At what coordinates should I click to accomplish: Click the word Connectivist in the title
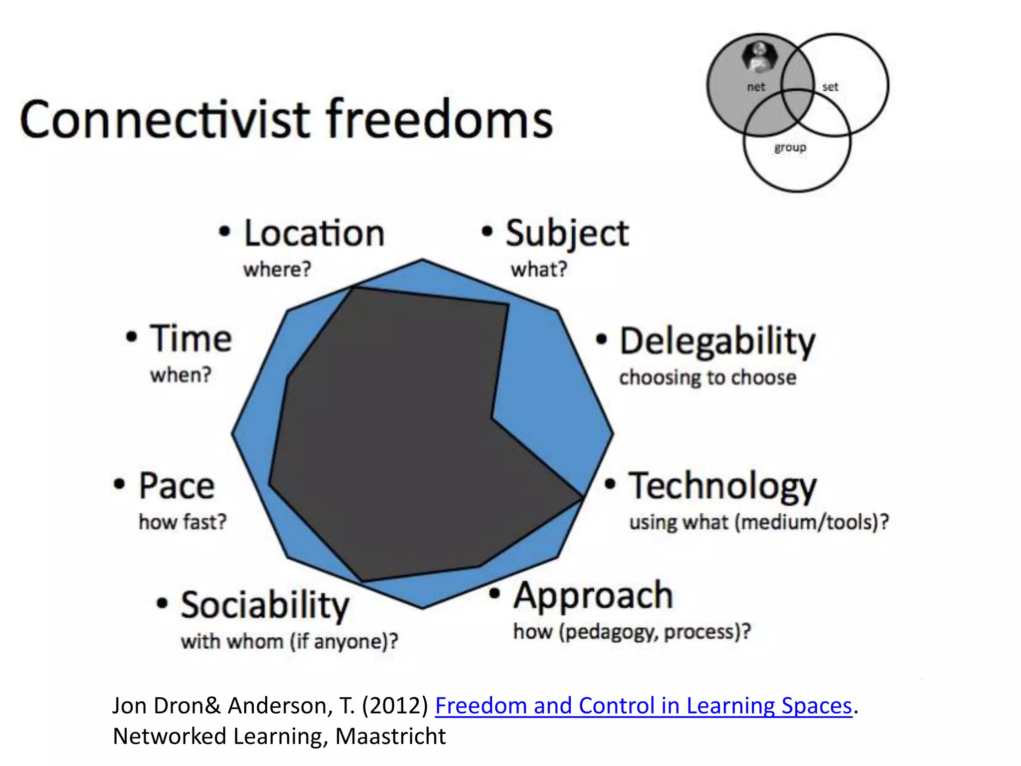[x=165, y=120]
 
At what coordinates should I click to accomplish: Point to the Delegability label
[x=717, y=342]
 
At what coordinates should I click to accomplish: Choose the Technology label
[x=722, y=487]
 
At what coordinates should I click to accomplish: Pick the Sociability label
[x=265, y=605]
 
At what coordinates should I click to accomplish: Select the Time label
[x=191, y=339]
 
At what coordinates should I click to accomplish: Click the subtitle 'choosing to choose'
[x=707, y=378]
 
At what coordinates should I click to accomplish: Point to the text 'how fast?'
[x=182, y=522]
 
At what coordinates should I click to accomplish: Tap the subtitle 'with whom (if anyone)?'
[x=289, y=641]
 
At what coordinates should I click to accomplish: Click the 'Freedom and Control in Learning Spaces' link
[x=643, y=706]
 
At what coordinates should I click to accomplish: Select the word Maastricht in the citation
[x=390, y=737]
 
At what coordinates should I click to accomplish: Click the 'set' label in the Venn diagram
[x=830, y=87]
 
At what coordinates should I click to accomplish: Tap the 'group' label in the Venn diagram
[x=790, y=148]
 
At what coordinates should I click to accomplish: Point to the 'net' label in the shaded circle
[x=756, y=87]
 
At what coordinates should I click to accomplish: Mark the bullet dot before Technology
[x=610, y=484]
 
